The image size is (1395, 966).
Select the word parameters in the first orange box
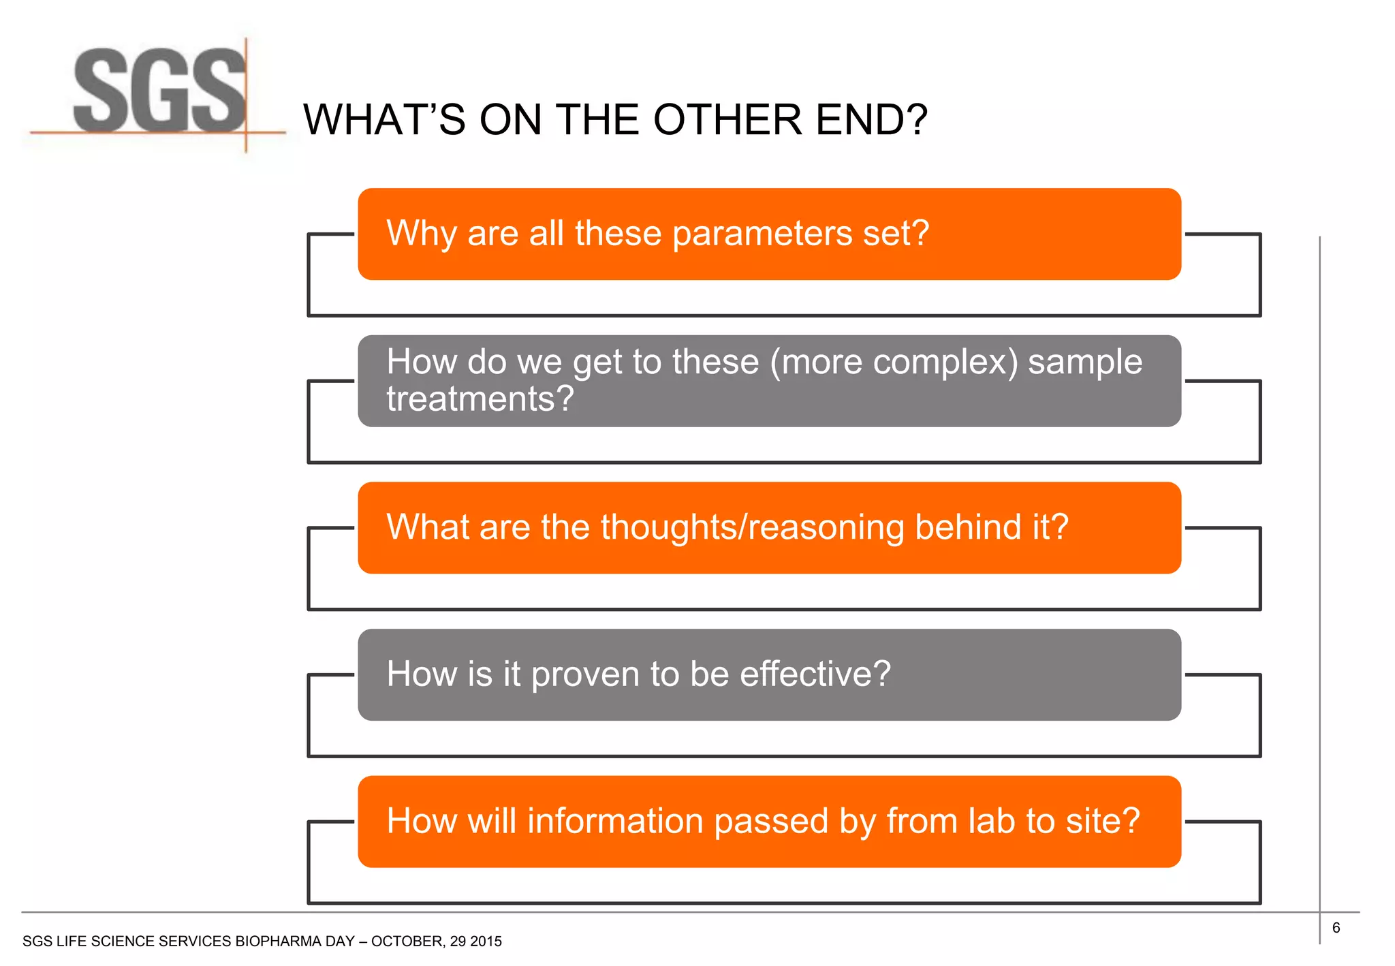[762, 234]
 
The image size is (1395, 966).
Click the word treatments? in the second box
[480, 399]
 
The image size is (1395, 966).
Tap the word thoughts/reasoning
[751, 527]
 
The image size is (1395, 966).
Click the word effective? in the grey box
[815, 674]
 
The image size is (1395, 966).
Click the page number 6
[1336, 928]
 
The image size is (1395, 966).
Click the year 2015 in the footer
[486, 941]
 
